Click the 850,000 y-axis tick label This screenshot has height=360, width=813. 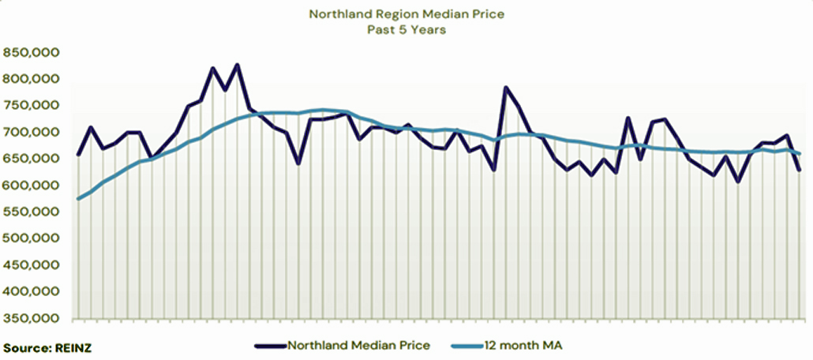(x=32, y=53)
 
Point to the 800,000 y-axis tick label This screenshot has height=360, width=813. (x=32, y=79)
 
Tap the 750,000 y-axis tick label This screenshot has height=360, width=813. (x=32, y=106)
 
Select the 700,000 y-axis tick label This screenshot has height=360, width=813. (x=32, y=133)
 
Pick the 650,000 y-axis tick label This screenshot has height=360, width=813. (x=32, y=159)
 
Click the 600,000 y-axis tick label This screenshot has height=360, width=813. (x=32, y=186)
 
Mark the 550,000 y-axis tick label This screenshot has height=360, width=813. (x=32, y=212)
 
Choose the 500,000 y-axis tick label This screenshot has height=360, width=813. (x=32, y=238)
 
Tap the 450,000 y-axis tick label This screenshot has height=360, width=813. (x=32, y=265)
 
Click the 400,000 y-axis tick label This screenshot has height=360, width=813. (x=32, y=292)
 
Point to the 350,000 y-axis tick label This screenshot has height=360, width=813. (x=32, y=318)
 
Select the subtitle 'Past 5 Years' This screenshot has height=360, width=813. (x=406, y=30)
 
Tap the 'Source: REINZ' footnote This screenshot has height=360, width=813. (x=41, y=347)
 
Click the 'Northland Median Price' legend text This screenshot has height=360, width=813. (x=359, y=345)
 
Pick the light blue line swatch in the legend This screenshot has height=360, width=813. (x=466, y=345)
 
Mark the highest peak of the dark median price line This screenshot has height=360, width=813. (x=238, y=65)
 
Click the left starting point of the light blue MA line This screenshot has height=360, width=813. (x=77, y=198)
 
